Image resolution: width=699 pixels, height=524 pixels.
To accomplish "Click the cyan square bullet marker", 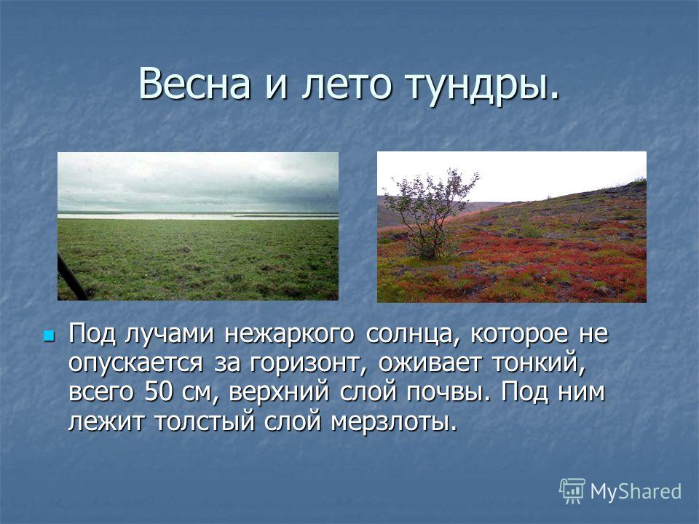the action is [x=48, y=335].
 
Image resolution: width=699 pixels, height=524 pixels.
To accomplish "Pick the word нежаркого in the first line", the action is [x=289, y=334].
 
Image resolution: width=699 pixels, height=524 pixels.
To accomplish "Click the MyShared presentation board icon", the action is [x=572, y=491].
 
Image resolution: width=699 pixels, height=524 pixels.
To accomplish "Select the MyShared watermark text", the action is [x=636, y=491].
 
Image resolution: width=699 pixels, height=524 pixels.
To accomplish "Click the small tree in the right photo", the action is [x=428, y=214].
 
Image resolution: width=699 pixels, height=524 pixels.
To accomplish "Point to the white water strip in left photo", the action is [x=198, y=216].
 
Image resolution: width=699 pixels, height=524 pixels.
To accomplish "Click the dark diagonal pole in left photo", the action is [x=71, y=277].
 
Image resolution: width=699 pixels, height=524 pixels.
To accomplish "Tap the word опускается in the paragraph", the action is [x=135, y=365].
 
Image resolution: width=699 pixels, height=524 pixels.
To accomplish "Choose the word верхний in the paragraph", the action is [x=279, y=392].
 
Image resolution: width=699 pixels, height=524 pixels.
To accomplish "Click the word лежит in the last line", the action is [x=106, y=421].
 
